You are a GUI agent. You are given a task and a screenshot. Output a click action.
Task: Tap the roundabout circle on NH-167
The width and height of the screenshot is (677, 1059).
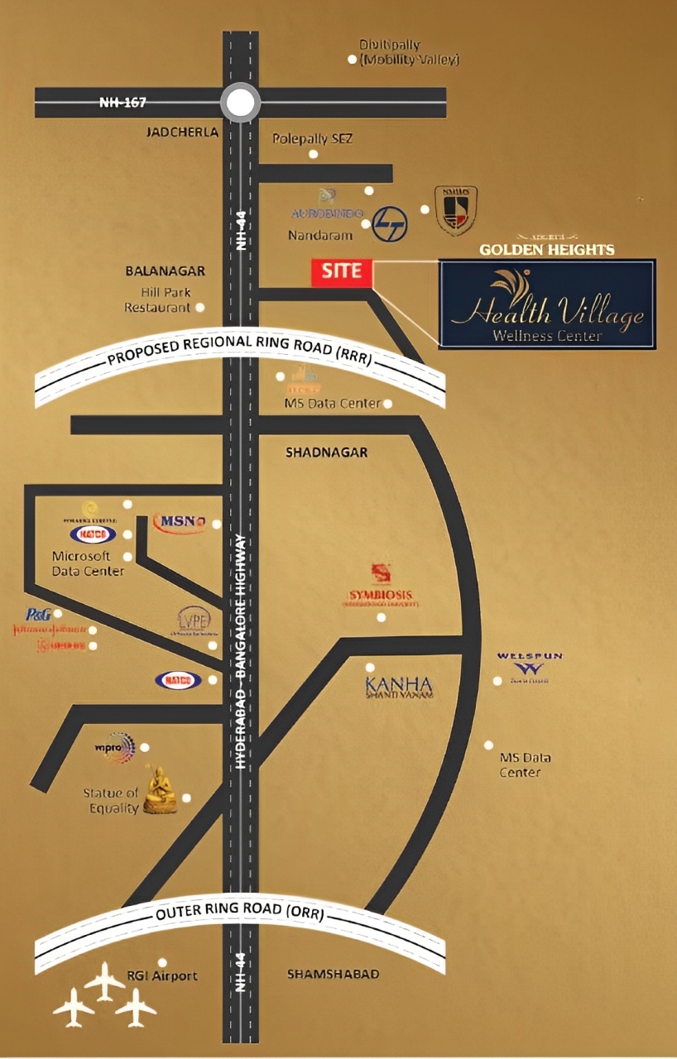click(x=240, y=103)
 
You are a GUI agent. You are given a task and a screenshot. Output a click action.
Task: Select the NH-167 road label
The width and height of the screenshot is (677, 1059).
click(x=122, y=103)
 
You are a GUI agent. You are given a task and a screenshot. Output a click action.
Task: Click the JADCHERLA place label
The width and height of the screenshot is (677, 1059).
click(x=182, y=132)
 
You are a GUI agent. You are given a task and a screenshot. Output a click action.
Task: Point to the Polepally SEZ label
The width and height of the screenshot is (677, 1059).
click(x=312, y=139)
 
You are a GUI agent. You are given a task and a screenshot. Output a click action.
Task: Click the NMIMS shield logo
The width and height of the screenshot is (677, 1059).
click(x=455, y=210)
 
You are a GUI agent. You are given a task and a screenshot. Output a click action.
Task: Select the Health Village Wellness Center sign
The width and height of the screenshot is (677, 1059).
click(x=546, y=304)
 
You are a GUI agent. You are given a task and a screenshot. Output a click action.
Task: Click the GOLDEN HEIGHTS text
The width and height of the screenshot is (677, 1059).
click(x=547, y=249)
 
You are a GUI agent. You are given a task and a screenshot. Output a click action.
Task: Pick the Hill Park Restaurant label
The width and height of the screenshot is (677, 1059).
click(x=157, y=300)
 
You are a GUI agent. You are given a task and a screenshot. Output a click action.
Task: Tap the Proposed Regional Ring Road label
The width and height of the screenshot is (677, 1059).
click(x=240, y=351)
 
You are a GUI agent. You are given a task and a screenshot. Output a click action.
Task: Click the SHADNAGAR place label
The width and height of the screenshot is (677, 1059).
click(x=326, y=453)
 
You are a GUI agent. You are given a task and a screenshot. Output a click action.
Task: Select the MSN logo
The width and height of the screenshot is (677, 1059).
click(x=180, y=522)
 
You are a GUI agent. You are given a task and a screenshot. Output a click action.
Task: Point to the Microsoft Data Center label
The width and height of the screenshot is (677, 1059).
click(x=88, y=563)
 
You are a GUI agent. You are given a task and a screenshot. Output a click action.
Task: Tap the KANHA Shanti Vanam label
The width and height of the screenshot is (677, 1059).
click(x=401, y=687)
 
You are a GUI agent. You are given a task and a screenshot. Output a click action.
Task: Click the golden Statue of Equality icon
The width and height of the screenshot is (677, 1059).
click(x=160, y=791)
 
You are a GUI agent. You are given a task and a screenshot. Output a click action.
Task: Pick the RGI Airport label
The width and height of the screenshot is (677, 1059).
click(x=162, y=975)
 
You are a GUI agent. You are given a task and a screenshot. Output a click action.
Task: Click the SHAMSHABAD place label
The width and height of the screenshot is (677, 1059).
click(x=333, y=974)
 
